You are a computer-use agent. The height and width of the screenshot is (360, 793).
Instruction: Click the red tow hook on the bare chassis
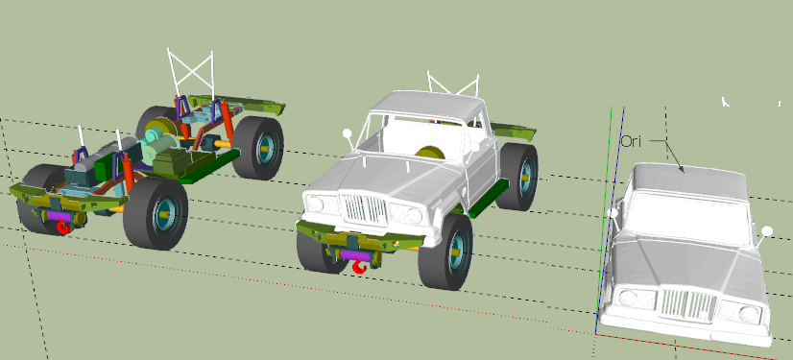point(63,227)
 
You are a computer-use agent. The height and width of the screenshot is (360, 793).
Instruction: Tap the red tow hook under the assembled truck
point(360,265)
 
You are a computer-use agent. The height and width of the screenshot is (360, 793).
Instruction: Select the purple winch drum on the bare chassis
point(60,216)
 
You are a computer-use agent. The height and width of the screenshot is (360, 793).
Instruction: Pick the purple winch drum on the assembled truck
point(355,254)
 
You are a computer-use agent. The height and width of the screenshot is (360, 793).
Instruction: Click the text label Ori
point(631,141)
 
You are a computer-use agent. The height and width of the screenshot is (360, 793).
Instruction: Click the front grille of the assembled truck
point(365,209)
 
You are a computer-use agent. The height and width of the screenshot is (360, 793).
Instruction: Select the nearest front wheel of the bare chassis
point(155,213)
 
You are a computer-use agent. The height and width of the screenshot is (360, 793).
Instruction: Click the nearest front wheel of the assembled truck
point(445,252)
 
